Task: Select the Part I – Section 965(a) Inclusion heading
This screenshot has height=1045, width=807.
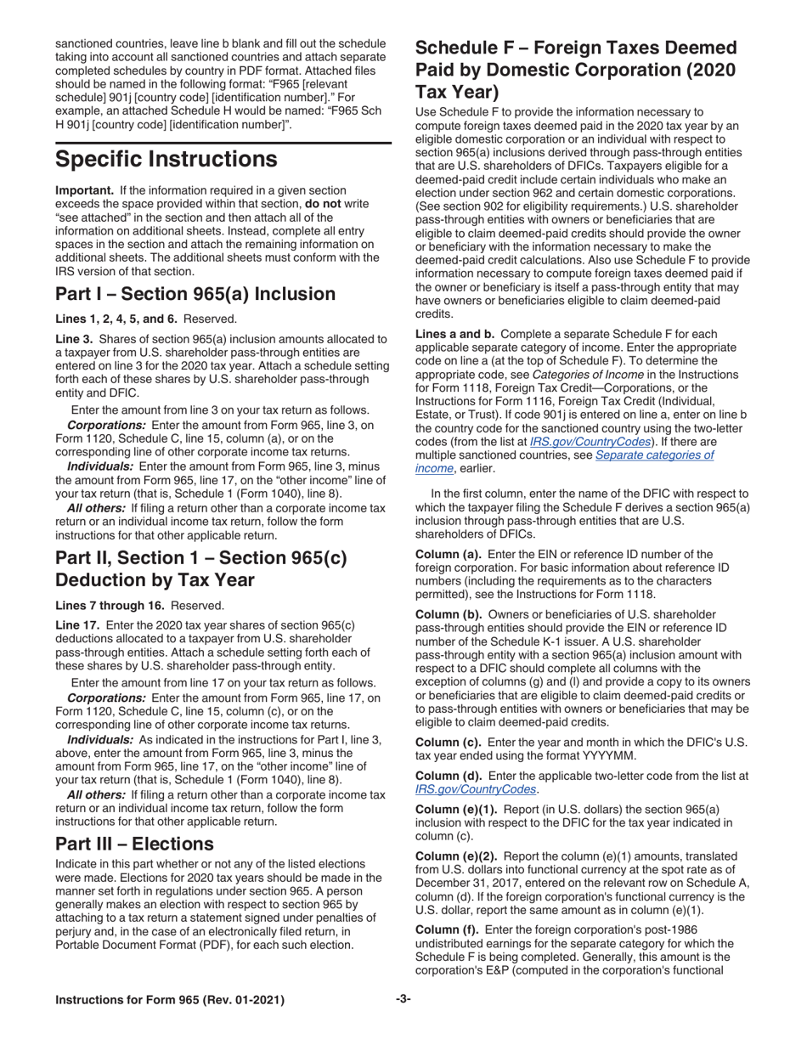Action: click(x=195, y=294)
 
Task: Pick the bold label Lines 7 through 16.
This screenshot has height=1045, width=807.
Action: click(x=111, y=605)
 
